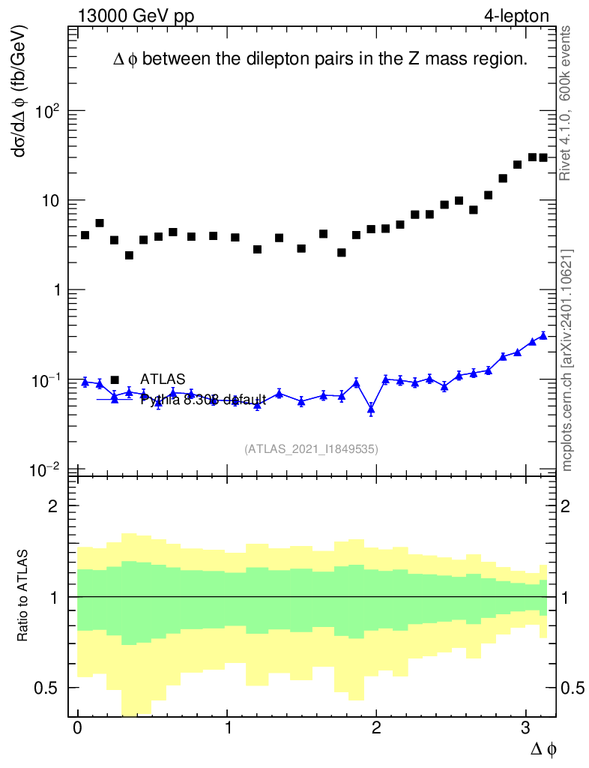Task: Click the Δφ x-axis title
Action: (544, 748)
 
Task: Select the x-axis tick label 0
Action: (77, 728)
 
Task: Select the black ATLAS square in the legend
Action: (115, 379)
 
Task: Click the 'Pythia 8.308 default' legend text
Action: (203, 400)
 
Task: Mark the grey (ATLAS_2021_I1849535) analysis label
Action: (311, 449)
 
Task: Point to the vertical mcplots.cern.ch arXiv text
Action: (567, 360)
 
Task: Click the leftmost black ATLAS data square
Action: (85, 235)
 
